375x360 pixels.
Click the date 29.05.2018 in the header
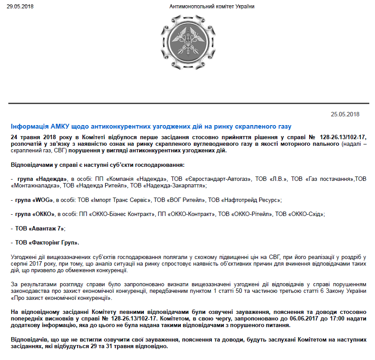click(20, 7)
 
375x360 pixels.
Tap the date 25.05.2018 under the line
click(345, 115)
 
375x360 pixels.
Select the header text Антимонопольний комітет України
click(211, 7)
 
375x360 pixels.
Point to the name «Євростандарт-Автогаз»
click(220, 179)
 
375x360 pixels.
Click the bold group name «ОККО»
click(43, 214)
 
